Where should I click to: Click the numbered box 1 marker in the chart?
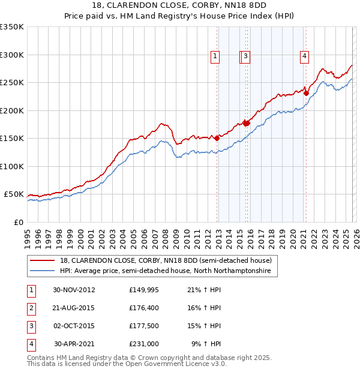215,57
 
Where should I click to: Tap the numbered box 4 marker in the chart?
305,57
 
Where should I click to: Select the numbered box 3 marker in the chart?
246,57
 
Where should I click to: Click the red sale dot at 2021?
306,93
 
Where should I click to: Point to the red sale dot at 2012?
217,138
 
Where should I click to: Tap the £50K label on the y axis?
14,194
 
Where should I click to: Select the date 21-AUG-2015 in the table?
74,308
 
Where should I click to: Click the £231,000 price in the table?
144,344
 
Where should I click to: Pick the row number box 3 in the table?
31,326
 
